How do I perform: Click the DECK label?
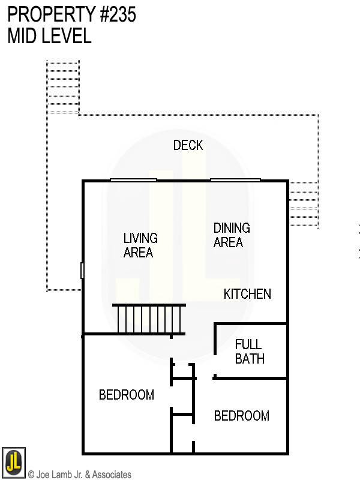point(188,145)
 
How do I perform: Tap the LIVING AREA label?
point(140,245)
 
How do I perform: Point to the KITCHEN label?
point(247,294)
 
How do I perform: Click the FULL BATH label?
point(249,352)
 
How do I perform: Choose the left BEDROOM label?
point(126,395)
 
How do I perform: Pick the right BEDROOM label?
point(241,416)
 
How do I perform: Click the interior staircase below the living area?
point(149,319)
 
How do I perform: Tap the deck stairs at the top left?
point(63,87)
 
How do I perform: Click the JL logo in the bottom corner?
point(13,461)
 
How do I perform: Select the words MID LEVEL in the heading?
point(49,36)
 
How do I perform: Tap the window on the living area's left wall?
point(82,271)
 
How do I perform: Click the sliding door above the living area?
point(133,179)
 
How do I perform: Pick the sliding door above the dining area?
point(235,179)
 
